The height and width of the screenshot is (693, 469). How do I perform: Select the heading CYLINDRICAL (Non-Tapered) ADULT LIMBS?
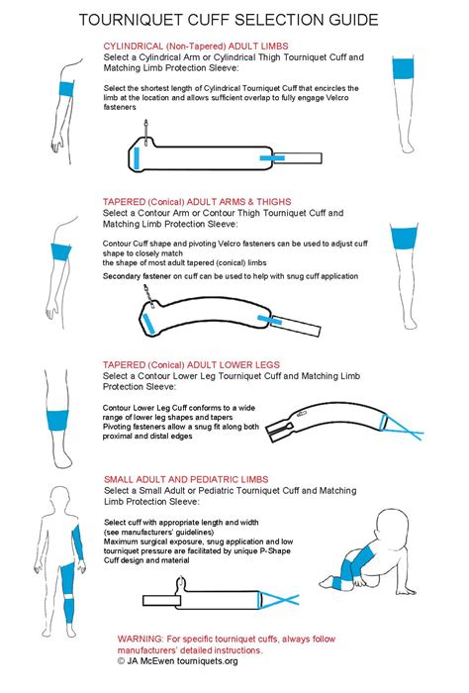(x=196, y=46)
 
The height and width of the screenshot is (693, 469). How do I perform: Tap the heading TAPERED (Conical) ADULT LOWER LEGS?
(x=191, y=365)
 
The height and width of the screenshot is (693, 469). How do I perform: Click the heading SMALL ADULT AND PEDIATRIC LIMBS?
(x=186, y=479)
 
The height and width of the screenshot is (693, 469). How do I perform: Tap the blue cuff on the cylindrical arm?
(x=66, y=88)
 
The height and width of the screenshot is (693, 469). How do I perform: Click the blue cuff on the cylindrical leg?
(x=403, y=68)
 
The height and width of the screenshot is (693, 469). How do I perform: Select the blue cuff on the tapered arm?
(x=61, y=252)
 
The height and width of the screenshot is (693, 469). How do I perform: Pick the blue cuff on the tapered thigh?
(x=404, y=238)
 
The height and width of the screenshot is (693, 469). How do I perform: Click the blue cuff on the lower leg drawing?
(x=57, y=421)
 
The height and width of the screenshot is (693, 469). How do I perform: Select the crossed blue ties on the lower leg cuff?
(x=402, y=428)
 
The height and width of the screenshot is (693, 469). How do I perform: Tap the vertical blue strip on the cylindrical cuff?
(x=137, y=158)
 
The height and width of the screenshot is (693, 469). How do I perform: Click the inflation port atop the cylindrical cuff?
(x=145, y=132)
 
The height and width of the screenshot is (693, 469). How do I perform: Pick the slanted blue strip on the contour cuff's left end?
(x=148, y=323)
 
